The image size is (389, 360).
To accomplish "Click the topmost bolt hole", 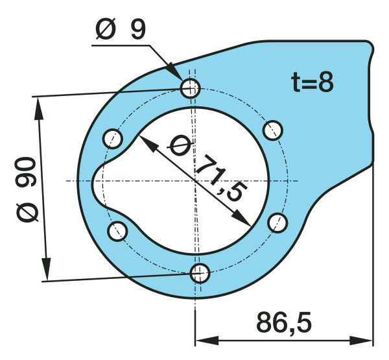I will tap(190, 88).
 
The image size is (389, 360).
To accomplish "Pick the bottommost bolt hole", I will tap(200, 272).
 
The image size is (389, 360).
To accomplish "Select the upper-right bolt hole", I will tap(274, 130).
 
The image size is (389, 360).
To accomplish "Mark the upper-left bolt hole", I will tap(113, 138).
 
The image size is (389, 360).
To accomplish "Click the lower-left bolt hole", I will tap(117, 230).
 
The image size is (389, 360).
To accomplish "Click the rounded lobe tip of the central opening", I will tap(94, 180).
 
